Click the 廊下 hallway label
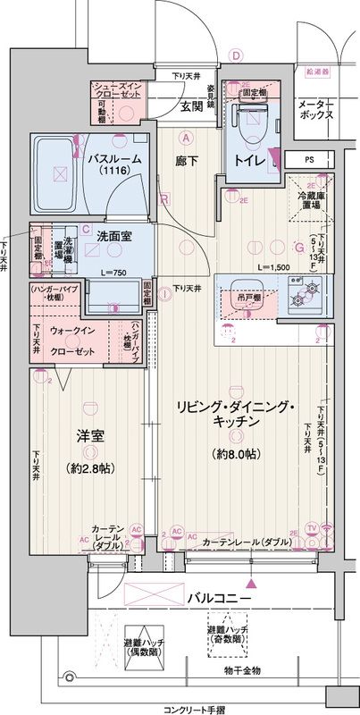187,160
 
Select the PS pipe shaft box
309,160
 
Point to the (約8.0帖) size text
236,454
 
